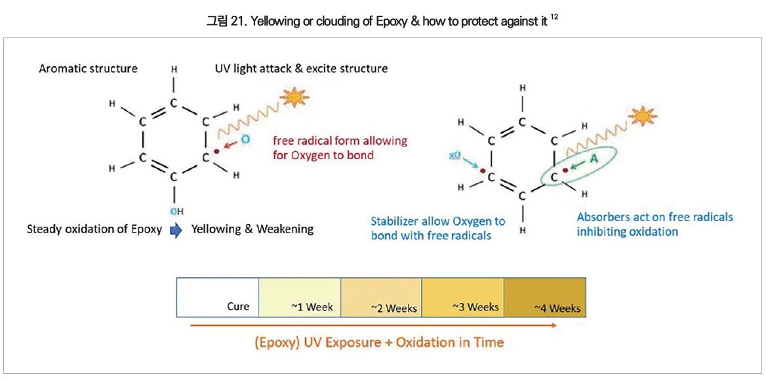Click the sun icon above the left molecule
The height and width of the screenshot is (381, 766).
tap(294, 98)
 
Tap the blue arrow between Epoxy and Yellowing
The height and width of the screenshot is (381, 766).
tap(175, 230)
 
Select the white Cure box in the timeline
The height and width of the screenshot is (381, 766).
tap(218, 296)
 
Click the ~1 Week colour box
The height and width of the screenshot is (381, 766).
tap(300, 296)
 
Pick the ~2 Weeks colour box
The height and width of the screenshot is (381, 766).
tap(381, 296)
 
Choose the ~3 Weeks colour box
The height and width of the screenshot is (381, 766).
tap(462, 296)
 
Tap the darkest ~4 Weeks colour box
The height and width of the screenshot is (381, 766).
tap(544, 296)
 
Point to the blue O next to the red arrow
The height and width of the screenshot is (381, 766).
tap(245, 139)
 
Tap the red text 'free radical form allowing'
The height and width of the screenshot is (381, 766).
tap(340, 141)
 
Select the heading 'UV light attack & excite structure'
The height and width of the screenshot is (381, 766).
tap(301, 68)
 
